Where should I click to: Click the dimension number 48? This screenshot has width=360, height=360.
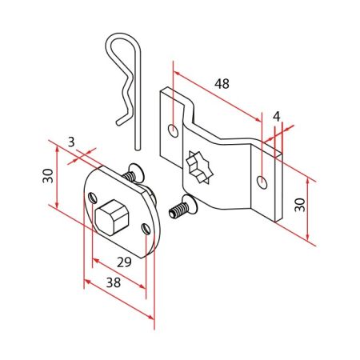[x=222, y=84]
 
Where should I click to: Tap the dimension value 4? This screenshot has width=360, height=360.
[x=277, y=116]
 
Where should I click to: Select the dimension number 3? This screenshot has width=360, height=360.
[x=71, y=142]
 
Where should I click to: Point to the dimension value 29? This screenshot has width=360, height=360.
[x=124, y=262]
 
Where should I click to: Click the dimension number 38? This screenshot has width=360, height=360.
[x=114, y=282]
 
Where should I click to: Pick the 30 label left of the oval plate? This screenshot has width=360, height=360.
[x=48, y=176]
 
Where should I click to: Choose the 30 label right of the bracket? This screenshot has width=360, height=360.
[x=300, y=205]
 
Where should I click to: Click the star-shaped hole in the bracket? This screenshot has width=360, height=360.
[x=200, y=167]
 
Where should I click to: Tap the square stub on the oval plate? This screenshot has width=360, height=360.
[x=112, y=217]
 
